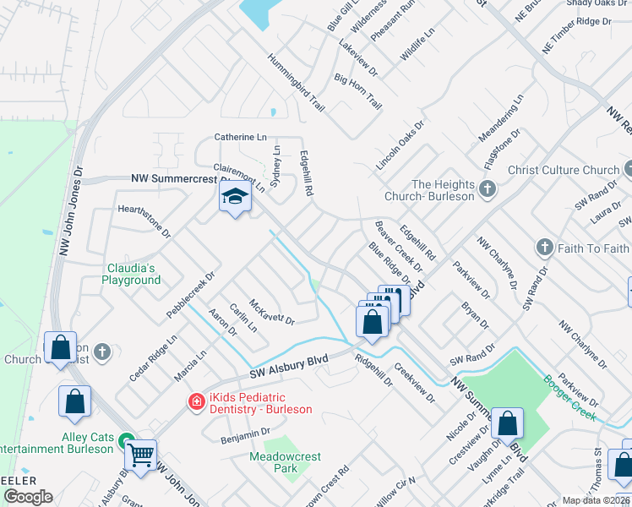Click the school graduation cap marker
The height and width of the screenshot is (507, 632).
(234, 199)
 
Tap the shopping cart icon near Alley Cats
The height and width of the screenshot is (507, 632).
(140, 454)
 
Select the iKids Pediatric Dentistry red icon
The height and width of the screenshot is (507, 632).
(197, 402)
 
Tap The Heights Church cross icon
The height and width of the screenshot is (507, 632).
(487, 188)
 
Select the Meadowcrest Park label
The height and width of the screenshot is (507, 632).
(286, 462)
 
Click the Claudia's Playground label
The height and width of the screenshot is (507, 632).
(131, 273)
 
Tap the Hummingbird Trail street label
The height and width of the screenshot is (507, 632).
(297, 84)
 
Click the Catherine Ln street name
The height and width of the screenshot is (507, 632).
(240, 137)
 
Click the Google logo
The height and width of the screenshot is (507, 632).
(28, 497)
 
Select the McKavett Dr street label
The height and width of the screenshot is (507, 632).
(271, 312)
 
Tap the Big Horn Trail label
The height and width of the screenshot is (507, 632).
(358, 91)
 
